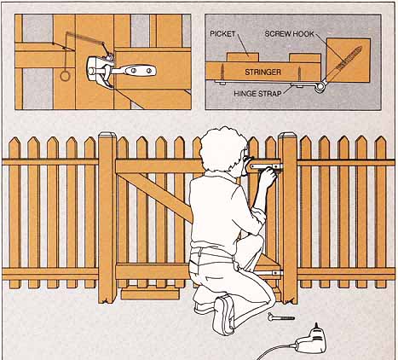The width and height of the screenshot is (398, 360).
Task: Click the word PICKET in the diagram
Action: pyautogui.click(x=223, y=34)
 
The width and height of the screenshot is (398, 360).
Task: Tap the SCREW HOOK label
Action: pyautogui.click(x=289, y=34)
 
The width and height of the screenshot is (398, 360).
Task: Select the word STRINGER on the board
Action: pyautogui.click(x=262, y=73)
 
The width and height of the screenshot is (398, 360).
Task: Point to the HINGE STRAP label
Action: pyautogui.click(x=257, y=94)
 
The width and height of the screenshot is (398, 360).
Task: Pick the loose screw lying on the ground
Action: pyautogui.click(x=281, y=316)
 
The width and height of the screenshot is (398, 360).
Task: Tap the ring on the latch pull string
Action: pyautogui.click(x=65, y=76)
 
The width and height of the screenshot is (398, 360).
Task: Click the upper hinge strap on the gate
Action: pyautogui.click(x=267, y=166)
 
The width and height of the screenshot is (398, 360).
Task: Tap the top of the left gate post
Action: pyautogui.click(x=107, y=135)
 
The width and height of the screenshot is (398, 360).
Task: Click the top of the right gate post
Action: pyautogui.click(x=287, y=135)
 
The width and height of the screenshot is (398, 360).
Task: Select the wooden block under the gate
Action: pyautogui.click(x=150, y=293)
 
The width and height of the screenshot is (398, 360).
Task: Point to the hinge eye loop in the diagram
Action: pyautogui.click(x=321, y=86)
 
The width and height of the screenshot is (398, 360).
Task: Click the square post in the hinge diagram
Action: pyautogui.click(x=349, y=61)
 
